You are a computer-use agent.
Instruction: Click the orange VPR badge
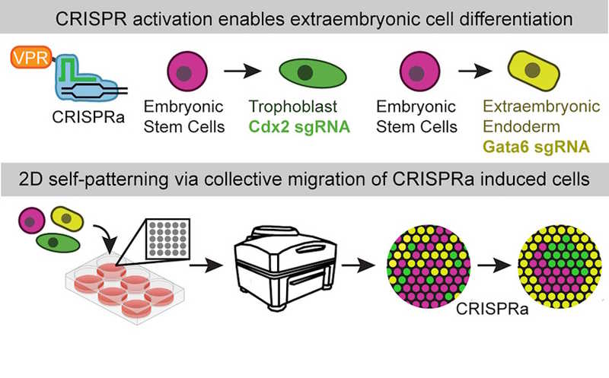(29, 58)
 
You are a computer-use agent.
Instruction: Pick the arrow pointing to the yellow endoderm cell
(464, 75)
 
